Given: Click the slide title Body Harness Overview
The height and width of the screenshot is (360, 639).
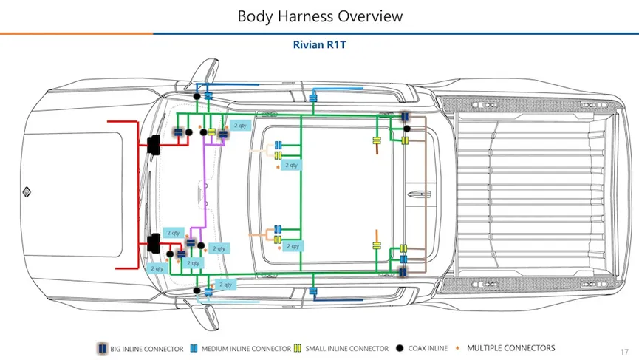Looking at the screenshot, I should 319,16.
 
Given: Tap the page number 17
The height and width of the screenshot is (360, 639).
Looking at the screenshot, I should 625,351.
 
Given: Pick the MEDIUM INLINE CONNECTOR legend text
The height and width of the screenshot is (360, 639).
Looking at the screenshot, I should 246,349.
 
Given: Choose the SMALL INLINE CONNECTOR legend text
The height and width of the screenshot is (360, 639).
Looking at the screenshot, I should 347,349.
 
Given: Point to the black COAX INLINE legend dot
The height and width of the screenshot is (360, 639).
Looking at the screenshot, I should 400,348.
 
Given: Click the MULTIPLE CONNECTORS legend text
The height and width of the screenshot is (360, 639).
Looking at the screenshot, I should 510,348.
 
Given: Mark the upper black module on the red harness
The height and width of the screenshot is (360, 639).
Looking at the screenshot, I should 155,145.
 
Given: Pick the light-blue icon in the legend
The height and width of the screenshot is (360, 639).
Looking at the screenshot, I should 194,348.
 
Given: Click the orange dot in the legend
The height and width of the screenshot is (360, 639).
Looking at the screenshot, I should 457,348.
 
